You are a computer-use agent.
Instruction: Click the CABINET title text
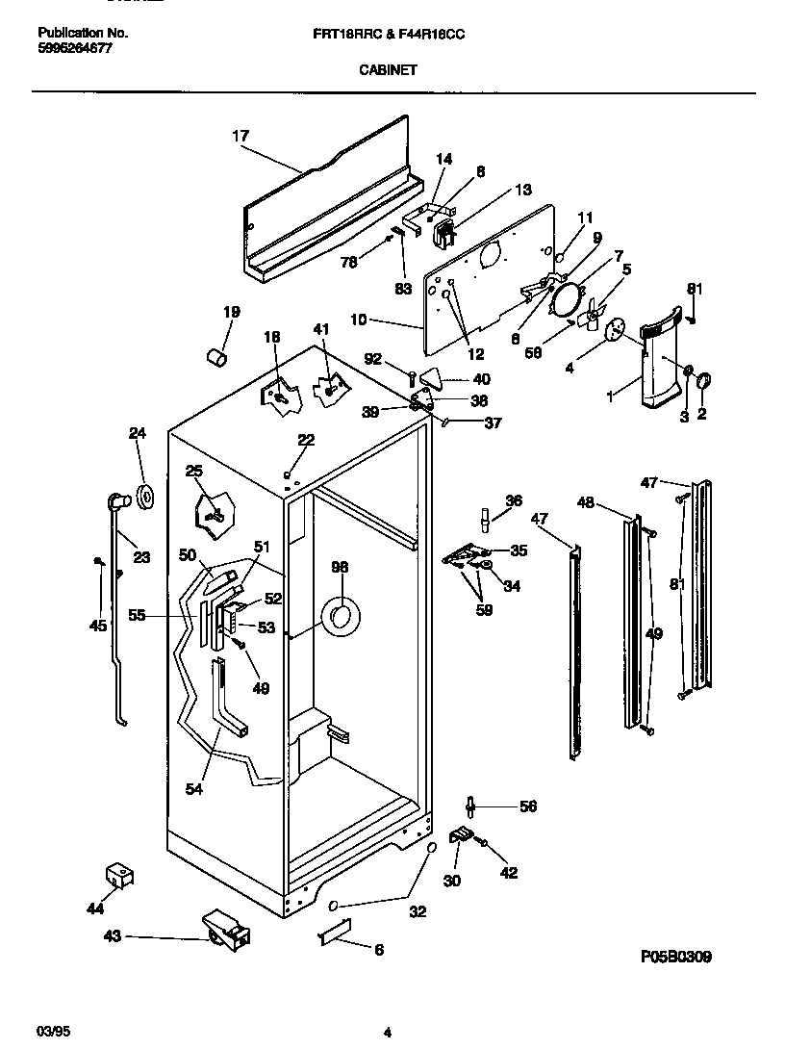[389, 69]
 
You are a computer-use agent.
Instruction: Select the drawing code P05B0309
[676, 958]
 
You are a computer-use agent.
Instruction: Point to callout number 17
[240, 136]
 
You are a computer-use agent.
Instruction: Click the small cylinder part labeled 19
[218, 358]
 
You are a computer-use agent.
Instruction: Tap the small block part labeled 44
[118, 875]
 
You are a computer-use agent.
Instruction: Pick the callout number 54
[195, 789]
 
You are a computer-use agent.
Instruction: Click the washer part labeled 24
[147, 497]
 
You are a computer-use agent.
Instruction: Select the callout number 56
[527, 806]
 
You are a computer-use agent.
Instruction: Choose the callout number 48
[585, 501]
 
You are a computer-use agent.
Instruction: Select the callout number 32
[418, 911]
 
